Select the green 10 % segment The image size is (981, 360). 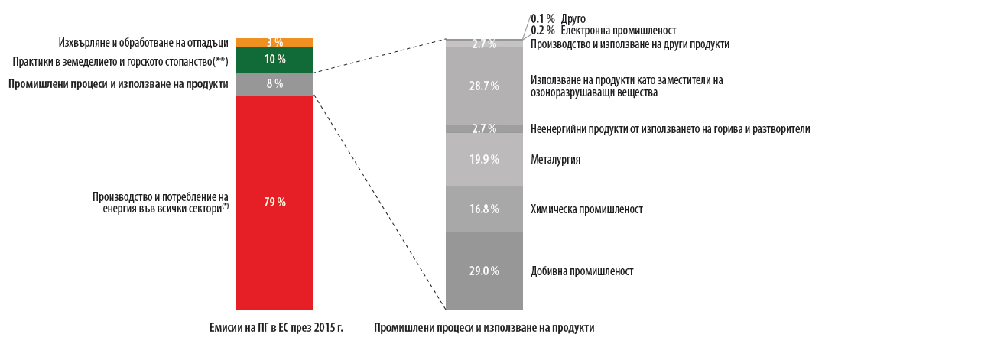coord(274,60)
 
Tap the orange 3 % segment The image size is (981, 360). coord(274,42)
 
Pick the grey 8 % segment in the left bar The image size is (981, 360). coord(274,84)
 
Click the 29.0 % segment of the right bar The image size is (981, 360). coord(484,271)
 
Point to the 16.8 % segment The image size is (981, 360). coord(484,209)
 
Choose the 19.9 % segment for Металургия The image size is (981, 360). coord(484,159)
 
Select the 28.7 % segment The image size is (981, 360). coord(484,86)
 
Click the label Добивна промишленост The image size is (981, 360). coord(582,271)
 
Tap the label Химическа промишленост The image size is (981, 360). coord(586,209)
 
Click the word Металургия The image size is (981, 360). coord(556,160)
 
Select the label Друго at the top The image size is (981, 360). coord(573,18)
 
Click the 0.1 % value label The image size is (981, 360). coord(542,18)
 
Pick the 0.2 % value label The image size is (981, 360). coord(542,31)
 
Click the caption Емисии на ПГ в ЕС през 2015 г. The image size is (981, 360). coord(276,328)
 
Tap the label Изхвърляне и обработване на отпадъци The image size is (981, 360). coord(143,42)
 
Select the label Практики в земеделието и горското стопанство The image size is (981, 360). coord(120,60)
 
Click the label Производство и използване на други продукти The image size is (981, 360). coord(629,44)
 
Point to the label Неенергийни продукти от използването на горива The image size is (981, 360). coord(670,129)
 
